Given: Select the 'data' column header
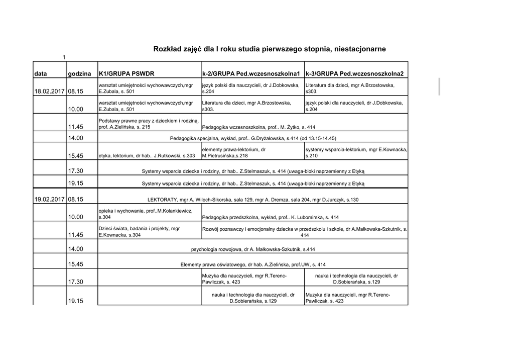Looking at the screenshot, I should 41,74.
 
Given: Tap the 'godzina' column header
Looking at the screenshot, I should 79,74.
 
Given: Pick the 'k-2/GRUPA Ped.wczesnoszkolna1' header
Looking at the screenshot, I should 251,74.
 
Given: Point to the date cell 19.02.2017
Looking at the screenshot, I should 49,200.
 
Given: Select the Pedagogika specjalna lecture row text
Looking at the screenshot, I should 253,138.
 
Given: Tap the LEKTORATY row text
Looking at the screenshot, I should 253,200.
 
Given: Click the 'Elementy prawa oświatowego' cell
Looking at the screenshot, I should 253,264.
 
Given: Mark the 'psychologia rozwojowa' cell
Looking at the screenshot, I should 253,249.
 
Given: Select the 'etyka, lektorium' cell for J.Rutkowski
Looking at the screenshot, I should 147,156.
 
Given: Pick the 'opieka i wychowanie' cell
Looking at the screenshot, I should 146,214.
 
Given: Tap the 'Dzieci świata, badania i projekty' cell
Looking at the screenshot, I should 139,232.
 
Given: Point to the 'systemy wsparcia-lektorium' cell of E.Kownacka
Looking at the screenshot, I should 356,153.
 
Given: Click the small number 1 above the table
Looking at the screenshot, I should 64,57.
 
